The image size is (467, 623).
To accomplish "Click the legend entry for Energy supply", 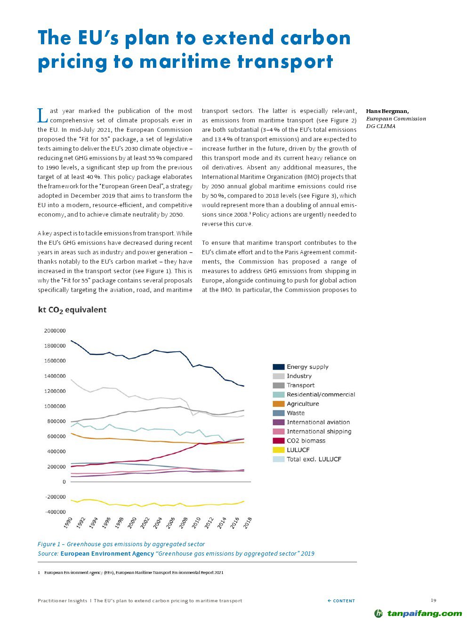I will (x=307, y=367).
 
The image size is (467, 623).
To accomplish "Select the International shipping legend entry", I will (x=319, y=431).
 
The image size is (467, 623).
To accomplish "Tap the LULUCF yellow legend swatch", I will (x=279, y=450).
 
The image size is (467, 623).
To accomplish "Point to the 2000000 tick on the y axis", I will (x=55, y=331).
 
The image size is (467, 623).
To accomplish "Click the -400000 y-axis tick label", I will (x=55, y=512).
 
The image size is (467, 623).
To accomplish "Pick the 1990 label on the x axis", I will (x=68, y=522).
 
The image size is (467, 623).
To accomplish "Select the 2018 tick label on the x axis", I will (x=248, y=522).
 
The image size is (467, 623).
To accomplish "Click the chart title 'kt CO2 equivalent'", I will (x=72, y=310).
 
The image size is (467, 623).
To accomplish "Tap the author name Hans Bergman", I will (x=387, y=111).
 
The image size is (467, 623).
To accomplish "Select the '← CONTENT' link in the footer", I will (x=341, y=601).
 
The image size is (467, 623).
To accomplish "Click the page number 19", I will (x=434, y=600).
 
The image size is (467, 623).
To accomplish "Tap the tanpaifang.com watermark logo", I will (x=418, y=613).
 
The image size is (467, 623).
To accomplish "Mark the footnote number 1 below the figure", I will (x=39, y=573).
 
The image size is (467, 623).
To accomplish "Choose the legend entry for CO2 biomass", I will (x=306, y=441).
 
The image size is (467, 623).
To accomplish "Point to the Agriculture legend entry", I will (x=302, y=404).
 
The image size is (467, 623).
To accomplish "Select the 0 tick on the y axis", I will (x=64, y=482).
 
